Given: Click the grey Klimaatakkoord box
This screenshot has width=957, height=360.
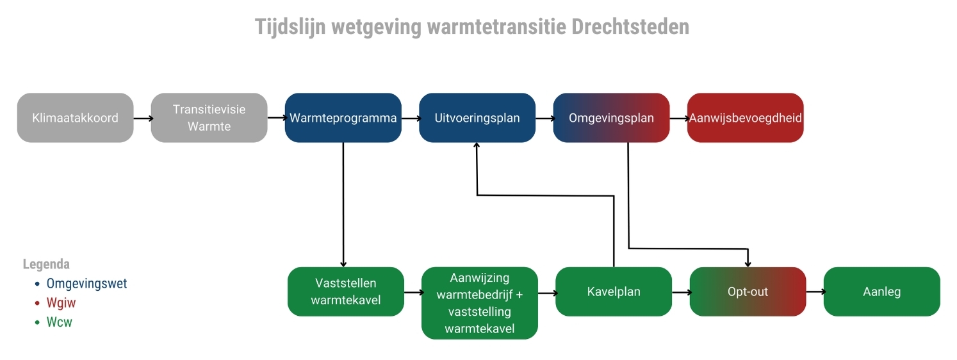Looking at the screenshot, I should pos(75,118).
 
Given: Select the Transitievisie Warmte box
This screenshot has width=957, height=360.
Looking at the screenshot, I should pos(209,118).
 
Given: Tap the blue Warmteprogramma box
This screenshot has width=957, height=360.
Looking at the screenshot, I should pos(343,118).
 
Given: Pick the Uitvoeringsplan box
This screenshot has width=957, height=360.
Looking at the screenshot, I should pos(477,118).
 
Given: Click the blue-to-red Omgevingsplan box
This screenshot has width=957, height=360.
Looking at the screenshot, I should pos(611,118).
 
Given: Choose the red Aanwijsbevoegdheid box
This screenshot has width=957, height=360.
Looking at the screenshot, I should pos(745,118).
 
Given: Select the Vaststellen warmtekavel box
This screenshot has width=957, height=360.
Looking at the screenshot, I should pos(346,291).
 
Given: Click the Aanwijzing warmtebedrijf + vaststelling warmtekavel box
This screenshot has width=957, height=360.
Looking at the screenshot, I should pos(479,303).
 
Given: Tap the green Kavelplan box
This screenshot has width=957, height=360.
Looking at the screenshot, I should pos(614,291).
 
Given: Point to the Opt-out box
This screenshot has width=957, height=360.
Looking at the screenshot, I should pos(748,291).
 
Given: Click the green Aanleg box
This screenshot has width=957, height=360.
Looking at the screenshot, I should pos(881,291).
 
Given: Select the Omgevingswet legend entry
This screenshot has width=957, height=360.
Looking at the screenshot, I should pos(86,283).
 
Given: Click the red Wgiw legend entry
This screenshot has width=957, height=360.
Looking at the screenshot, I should pos(61,303).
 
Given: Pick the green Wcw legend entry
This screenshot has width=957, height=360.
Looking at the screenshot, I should pos(59,322).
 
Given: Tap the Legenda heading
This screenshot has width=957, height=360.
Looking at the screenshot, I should pos(46,264).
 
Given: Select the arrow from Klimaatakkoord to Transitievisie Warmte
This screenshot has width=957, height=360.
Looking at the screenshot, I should pos(143,118).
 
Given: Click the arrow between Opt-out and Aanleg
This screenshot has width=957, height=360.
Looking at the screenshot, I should pos(814,291).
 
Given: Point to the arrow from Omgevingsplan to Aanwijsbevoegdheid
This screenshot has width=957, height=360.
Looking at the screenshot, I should pos(678,118).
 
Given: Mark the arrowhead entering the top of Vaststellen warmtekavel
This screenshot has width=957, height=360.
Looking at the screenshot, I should pos(343,263).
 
